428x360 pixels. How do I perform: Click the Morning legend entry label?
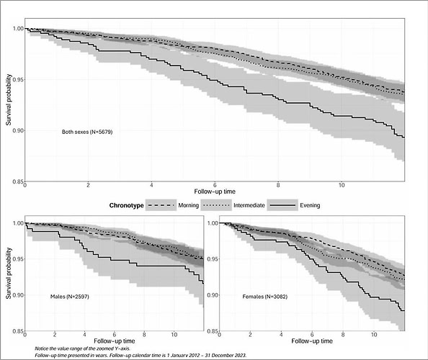click(x=188, y=205)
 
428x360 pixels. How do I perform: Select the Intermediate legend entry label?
click(x=249, y=205)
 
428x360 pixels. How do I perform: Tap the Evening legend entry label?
click(x=310, y=205)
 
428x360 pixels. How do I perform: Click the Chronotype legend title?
click(x=126, y=205)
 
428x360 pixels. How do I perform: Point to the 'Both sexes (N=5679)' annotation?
click(x=87, y=132)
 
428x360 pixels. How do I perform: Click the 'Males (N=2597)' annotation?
click(x=70, y=297)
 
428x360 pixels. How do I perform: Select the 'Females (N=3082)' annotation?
click(x=264, y=297)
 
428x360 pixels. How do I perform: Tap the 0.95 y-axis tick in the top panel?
click(x=18, y=80)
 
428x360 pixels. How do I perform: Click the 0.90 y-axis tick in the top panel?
click(x=18, y=130)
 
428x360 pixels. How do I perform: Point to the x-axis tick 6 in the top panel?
click(x=215, y=185)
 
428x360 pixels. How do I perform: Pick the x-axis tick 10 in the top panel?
click(x=342, y=185)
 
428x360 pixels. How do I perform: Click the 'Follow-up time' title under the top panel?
click(x=215, y=192)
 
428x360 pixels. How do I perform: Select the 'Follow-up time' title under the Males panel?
click(x=115, y=341)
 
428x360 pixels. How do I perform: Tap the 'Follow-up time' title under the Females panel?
click(x=312, y=341)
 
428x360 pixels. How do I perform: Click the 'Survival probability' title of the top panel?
click(x=9, y=100)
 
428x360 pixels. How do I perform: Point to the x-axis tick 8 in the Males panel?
click(x=144, y=335)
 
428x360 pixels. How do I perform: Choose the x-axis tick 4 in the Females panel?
click(x=281, y=335)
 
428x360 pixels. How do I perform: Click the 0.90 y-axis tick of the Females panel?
click(x=213, y=295)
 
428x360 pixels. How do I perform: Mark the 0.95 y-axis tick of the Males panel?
click(x=18, y=258)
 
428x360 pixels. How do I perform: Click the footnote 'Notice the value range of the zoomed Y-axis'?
click(x=82, y=348)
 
